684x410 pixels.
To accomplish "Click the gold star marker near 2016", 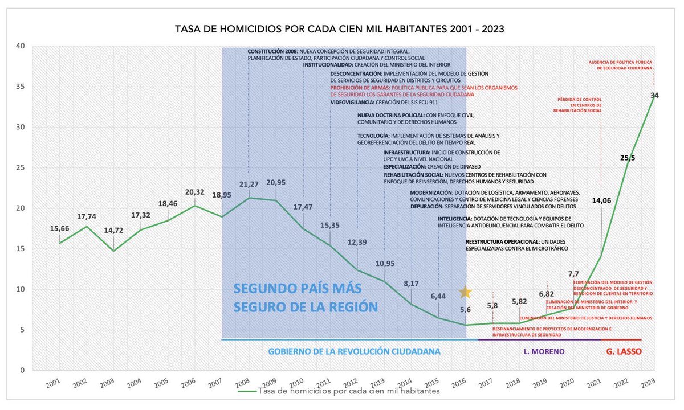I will [x=465, y=292].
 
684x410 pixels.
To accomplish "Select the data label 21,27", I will [x=248, y=184].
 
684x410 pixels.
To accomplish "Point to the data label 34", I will [x=654, y=96].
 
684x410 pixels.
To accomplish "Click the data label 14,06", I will [x=601, y=200].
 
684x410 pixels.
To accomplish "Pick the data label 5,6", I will [x=465, y=310].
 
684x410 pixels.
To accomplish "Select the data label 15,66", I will [x=60, y=228].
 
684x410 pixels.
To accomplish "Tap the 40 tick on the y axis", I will [x=21, y=46].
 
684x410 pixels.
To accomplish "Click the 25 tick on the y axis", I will [x=21, y=167].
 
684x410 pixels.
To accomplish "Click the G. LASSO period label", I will [x=622, y=352].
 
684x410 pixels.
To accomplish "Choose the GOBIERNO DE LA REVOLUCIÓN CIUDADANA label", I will [x=354, y=352].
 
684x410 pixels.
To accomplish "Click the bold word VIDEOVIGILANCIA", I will [x=352, y=102].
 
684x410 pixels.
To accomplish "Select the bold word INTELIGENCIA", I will [x=454, y=219].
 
